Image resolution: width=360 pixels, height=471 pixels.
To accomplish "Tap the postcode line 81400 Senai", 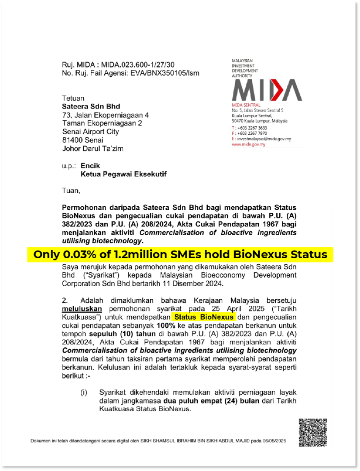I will click(x=83, y=140).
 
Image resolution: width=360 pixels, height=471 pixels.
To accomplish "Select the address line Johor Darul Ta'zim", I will click(x=93, y=148).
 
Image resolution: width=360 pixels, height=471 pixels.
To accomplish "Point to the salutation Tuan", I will click(x=72, y=190).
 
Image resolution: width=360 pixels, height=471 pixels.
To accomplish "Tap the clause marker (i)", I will click(x=84, y=392).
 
